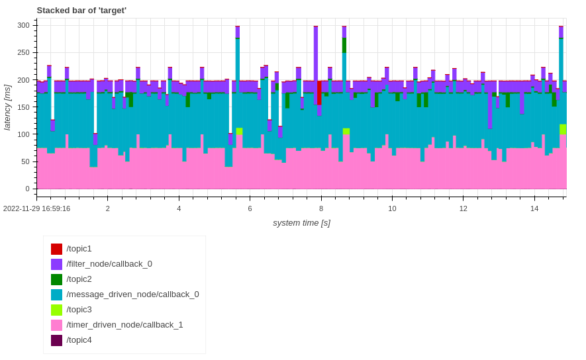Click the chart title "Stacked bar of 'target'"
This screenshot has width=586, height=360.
[81, 11]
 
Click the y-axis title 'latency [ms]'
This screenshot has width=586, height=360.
[7, 107]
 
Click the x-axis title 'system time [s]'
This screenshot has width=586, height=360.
[301, 223]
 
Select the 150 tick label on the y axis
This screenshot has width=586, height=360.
[23, 107]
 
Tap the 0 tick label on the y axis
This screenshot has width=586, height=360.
[27, 189]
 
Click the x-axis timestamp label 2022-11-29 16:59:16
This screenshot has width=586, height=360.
[36, 208]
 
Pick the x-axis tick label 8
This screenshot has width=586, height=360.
[321, 208]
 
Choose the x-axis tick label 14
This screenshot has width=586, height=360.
[534, 208]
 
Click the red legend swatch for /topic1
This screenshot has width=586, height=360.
[57, 249]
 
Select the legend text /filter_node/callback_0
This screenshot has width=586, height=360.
[109, 264]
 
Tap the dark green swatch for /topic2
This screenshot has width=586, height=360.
[57, 280]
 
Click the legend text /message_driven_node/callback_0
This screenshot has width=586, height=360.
[132, 294]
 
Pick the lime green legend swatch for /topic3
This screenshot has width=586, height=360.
[57, 310]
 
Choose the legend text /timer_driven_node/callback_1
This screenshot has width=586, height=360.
[124, 325]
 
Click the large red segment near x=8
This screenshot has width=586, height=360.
[319, 93]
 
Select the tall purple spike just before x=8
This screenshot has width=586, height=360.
[316, 53]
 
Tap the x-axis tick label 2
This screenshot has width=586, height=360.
[108, 208]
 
